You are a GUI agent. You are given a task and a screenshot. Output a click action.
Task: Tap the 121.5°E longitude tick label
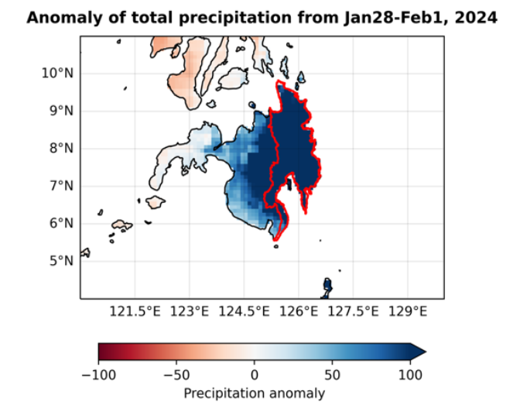pyautogui.click(x=135, y=312)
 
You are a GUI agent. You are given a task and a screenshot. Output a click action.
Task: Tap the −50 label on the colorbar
pyautogui.click(x=176, y=374)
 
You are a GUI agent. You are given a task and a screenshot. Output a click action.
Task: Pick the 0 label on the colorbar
pyautogui.click(x=254, y=374)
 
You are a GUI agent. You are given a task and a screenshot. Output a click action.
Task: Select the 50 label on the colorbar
pyautogui.click(x=331, y=374)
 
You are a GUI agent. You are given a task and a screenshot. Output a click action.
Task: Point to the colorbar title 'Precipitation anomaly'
pyautogui.click(x=254, y=393)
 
